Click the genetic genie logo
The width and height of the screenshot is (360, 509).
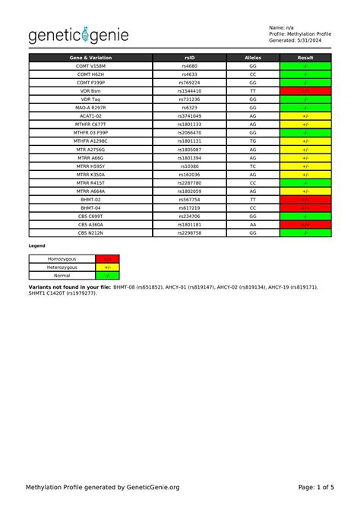point(79,35)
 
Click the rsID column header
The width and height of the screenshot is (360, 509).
point(189,58)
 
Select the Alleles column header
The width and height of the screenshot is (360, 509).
point(252,58)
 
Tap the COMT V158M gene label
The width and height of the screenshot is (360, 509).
point(91,66)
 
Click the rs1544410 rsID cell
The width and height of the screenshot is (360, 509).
point(189,90)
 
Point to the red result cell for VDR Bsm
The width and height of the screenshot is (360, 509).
point(305,90)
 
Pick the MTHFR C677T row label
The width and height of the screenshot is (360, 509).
point(91,124)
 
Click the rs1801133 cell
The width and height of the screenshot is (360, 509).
point(189,124)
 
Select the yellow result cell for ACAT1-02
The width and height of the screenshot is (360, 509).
point(305,115)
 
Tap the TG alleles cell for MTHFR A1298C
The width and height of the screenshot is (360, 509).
point(252,141)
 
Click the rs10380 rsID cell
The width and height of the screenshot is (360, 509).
point(189,166)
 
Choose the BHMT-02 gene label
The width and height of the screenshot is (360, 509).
point(91,199)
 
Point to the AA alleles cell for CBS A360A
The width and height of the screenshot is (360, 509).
point(252,224)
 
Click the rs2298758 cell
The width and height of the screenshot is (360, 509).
point(189,232)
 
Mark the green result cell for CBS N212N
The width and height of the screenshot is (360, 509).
point(305,232)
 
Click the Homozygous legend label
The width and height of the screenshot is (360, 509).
point(62,259)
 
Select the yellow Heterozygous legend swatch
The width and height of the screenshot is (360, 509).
point(108,267)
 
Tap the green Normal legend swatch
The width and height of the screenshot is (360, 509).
point(108,276)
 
